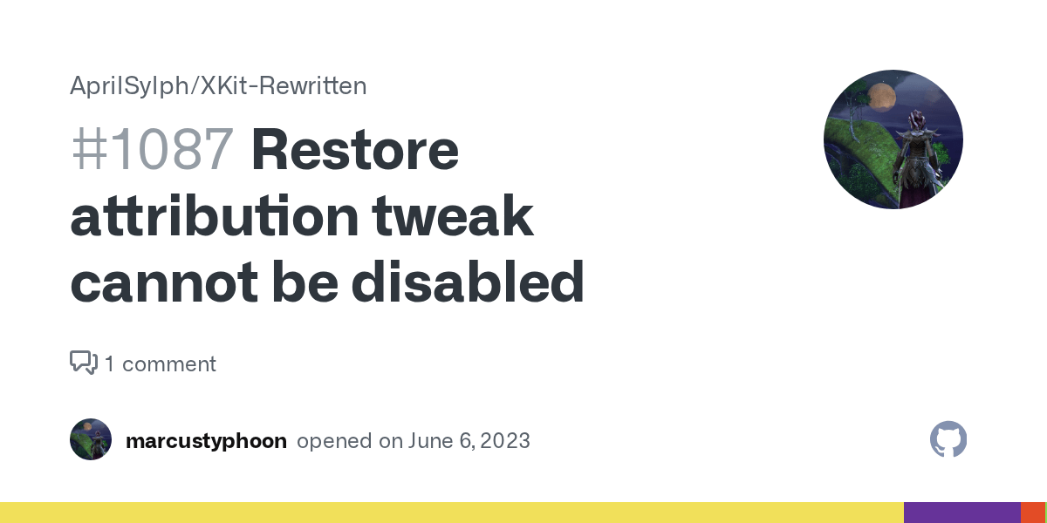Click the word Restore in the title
click(x=354, y=149)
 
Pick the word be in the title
click(x=299, y=282)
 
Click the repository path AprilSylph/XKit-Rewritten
click(x=218, y=85)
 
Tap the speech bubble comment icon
click(x=84, y=363)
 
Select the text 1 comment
click(x=161, y=363)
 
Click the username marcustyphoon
click(x=206, y=441)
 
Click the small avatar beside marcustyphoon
click(x=91, y=439)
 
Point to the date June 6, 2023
click(x=469, y=441)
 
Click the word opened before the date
click(x=335, y=441)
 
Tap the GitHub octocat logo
click(x=948, y=440)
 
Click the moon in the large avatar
click(x=879, y=97)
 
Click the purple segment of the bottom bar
click(x=961, y=513)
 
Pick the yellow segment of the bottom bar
click(x=451, y=513)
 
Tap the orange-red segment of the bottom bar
click(x=1032, y=513)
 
